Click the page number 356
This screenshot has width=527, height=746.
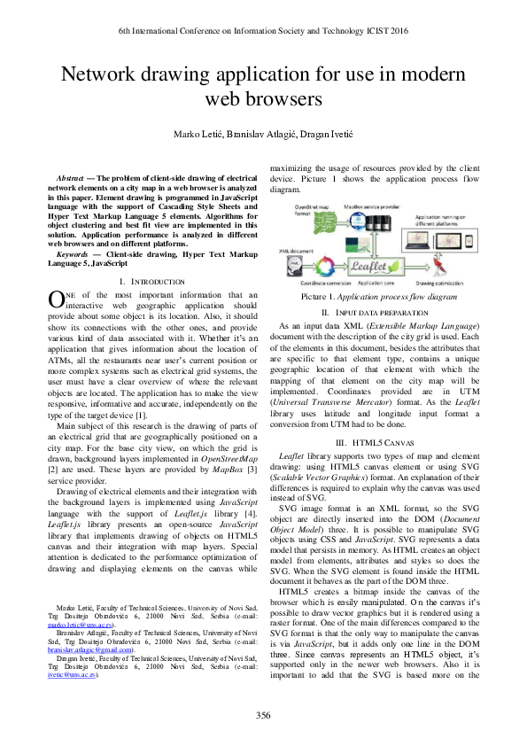pyautogui.click(x=263, y=714)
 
